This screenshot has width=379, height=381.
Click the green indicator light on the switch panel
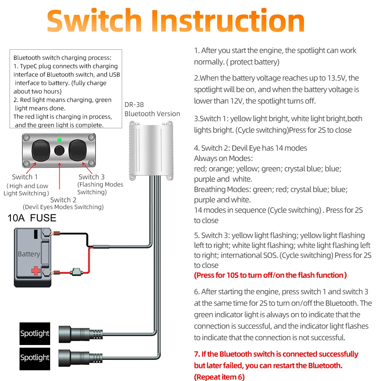coord(59,140)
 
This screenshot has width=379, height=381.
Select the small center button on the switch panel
coord(59,150)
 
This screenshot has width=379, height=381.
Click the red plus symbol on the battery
coord(36,270)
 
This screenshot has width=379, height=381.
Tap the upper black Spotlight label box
coord(35,333)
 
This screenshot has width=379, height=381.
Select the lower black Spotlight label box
coord(35,357)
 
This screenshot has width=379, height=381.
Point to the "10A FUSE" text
coord(32,218)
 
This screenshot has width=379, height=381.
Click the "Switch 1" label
coord(25,177)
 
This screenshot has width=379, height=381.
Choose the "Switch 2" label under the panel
coord(63,199)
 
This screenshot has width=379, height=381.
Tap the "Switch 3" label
coord(91,177)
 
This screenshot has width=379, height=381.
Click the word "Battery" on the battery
coord(29,254)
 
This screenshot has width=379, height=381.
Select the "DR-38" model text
coord(134,105)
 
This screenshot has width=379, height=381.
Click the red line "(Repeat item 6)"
coord(219,377)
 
